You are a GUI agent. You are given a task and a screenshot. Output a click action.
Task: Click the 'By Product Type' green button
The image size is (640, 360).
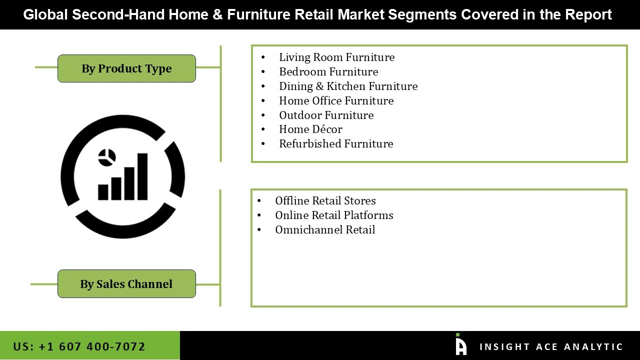pyautogui.click(x=126, y=68)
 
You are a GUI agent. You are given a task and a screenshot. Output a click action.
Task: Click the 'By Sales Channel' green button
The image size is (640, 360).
pyautogui.click(x=126, y=284)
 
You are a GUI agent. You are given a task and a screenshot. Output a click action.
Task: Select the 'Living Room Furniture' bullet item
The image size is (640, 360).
pyautogui.click(x=336, y=57)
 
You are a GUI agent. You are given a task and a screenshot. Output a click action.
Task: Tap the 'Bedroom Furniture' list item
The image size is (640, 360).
pyautogui.click(x=328, y=72)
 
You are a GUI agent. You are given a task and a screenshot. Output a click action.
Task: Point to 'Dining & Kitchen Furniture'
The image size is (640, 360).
pyautogui.click(x=348, y=86)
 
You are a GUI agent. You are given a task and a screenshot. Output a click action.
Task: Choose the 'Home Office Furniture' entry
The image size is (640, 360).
pyautogui.click(x=336, y=101)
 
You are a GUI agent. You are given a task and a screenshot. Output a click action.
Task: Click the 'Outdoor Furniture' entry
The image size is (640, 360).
pyautogui.click(x=326, y=115)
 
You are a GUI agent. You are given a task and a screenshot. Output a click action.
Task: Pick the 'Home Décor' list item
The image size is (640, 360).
pyautogui.click(x=310, y=129)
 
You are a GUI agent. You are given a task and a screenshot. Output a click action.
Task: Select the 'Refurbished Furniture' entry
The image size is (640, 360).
pyautogui.click(x=336, y=144)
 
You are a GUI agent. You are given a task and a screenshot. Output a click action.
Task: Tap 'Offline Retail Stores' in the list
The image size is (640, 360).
pyautogui.click(x=325, y=201)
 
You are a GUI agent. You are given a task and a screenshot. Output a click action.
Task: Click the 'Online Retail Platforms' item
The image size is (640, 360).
pyautogui.click(x=334, y=215)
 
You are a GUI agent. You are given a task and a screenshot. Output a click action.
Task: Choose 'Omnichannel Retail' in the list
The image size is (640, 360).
pyautogui.click(x=325, y=230)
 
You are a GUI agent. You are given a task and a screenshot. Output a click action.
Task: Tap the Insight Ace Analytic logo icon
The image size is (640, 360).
pyautogui.click(x=460, y=345)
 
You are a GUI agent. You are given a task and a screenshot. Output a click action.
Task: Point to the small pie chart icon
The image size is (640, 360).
pyautogui.click(x=107, y=157)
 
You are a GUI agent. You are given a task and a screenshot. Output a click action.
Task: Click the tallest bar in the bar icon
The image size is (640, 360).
pyautogui.click(x=142, y=176)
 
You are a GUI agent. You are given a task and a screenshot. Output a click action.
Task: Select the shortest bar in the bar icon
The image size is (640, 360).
pyautogui.click(x=103, y=192)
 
